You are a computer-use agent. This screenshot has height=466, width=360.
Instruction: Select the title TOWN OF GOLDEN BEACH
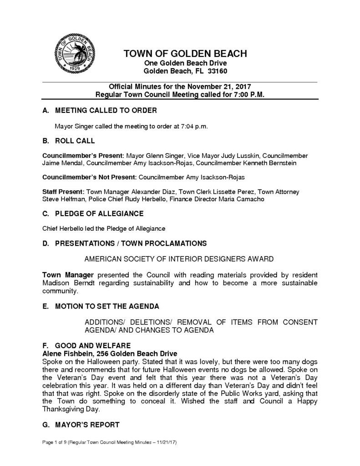(x=185, y=54)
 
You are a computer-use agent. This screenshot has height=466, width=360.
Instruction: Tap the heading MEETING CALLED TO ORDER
(x=106, y=111)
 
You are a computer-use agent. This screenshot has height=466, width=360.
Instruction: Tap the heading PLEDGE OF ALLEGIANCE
(x=99, y=213)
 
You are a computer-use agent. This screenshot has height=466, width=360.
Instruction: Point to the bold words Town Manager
(x=67, y=275)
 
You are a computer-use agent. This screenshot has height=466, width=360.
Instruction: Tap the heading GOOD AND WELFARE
(x=92, y=345)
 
